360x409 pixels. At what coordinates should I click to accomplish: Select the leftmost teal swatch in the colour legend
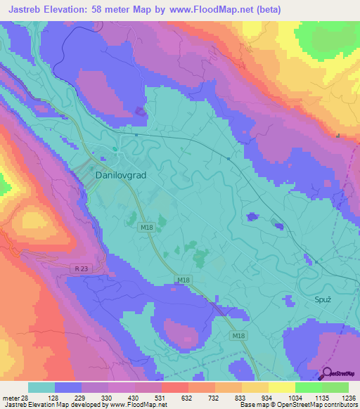coord(41,387)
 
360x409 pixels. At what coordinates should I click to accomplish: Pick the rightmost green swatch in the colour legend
coord(335,387)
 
